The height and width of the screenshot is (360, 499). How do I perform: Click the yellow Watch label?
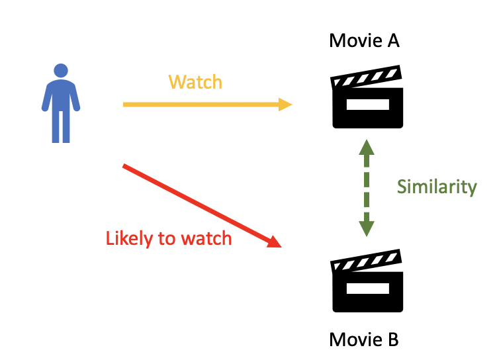pos(195,82)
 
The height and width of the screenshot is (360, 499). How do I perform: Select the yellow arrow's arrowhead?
pos(285,104)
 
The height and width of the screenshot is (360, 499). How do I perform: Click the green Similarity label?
pos(437,187)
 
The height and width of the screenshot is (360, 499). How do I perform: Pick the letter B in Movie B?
pos(392,340)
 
